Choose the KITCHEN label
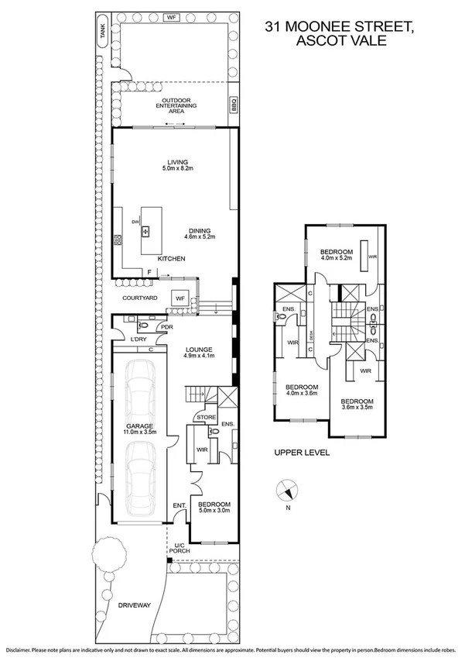coord(171,258)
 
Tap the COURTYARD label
coord(140,298)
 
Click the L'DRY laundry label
coord(138,340)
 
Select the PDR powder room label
coord(164,328)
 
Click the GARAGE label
coord(142,426)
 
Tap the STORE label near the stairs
coord(205,418)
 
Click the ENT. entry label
coord(180,505)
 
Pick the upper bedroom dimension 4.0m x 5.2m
coord(337,258)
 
